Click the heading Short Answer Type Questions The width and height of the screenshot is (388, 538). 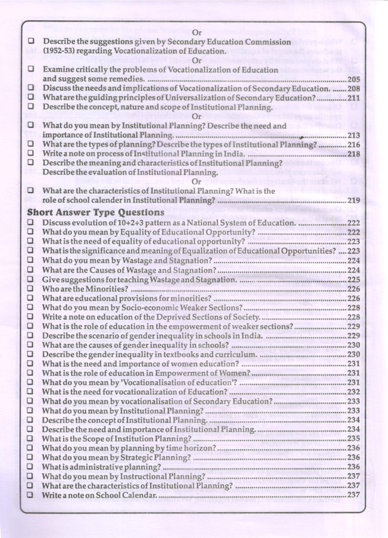coord(95,212)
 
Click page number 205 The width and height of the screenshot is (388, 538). coord(354,79)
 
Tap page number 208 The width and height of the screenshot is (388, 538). coord(354,89)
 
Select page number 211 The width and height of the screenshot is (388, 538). coord(354,98)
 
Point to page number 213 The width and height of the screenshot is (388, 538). coord(354,135)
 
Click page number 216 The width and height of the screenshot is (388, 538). coord(354,145)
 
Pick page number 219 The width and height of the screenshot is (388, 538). coord(354,200)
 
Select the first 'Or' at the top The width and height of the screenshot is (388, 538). coord(197,33)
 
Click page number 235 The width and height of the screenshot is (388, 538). coord(354,438)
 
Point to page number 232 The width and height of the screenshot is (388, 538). coord(354,392)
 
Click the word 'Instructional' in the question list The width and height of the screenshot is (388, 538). coord(143,476)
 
